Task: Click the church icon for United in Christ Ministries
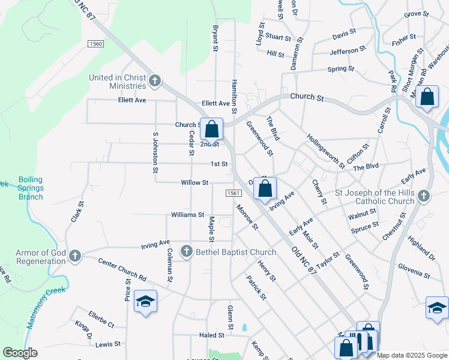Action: tap(155, 80)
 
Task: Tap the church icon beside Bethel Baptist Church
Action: tap(187, 251)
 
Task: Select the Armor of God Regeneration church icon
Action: tap(75, 256)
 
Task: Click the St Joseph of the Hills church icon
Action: tap(424, 196)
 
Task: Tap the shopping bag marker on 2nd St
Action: tap(212, 129)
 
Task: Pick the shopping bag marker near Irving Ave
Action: tap(265, 188)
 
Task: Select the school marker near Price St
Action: tap(145, 301)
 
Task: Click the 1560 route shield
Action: tap(95, 44)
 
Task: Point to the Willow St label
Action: tap(194, 182)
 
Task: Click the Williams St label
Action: tap(188, 214)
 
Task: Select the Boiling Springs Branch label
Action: tap(31, 188)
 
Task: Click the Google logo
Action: tap(20, 353)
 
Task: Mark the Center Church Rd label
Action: tap(122, 271)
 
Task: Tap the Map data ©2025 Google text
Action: tap(412, 355)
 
